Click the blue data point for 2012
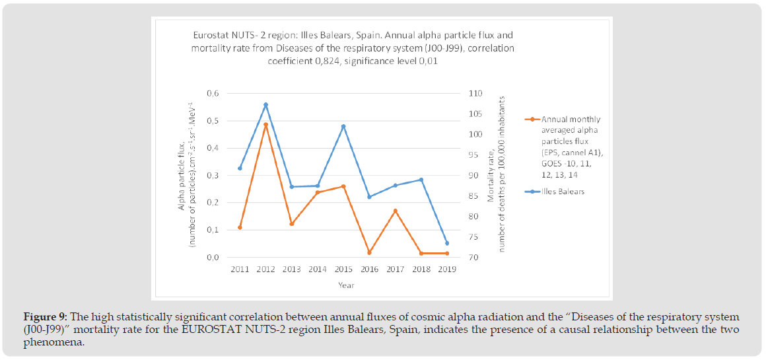pos(265,104)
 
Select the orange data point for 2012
pos(265,124)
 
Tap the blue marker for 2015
pos(343,126)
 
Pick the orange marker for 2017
pos(395,211)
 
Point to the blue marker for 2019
pos(447,243)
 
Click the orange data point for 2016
pos(369,252)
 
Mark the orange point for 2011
pos(240,227)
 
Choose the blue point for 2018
pos(421,180)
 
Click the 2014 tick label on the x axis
pos(317,270)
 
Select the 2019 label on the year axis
pos(447,270)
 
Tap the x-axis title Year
pos(346,285)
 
